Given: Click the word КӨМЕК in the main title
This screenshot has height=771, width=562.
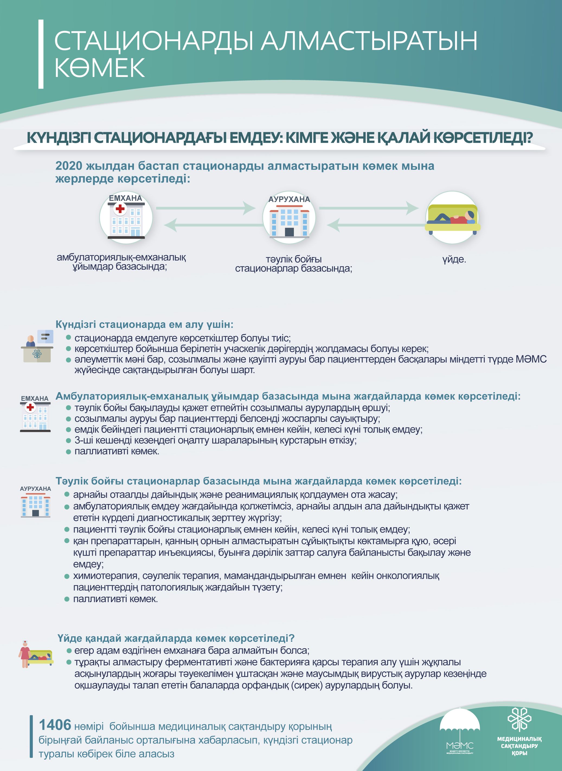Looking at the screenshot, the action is tap(100, 68).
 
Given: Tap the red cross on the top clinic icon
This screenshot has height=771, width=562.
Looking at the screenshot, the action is tap(120, 208).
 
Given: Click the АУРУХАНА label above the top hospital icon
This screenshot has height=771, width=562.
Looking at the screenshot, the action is tap(289, 199).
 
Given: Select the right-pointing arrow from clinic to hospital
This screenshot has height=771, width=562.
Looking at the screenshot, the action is tap(206, 208).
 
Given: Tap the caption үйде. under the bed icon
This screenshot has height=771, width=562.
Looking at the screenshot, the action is tap(454, 260).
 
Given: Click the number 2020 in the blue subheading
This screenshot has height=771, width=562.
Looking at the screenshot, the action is tap(69, 166).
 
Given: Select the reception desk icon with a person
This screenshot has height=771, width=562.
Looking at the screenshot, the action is tap(37, 346).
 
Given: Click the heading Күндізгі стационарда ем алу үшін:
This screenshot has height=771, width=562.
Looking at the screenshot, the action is tap(144, 324).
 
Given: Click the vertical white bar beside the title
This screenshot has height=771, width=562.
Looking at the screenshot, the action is tap(41, 54).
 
